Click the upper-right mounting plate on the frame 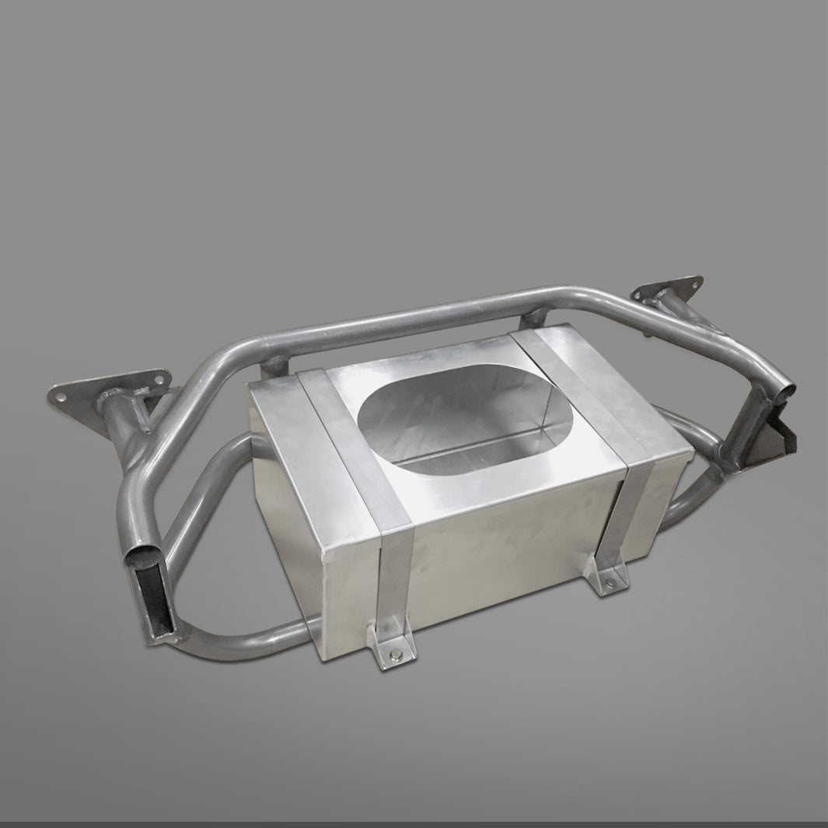click(x=668, y=292)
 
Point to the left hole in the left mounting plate click(x=60, y=395)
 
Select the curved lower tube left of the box click(x=206, y=498)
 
